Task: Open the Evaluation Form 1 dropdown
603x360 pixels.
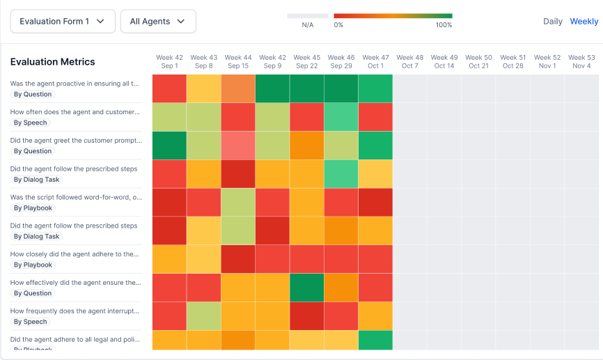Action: [x=63, y=22]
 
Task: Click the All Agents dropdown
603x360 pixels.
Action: [x=158, y=22]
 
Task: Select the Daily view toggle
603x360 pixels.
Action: [x=553, y=22]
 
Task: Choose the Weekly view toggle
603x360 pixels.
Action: [x=584, y=22]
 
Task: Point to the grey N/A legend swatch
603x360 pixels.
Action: [x=308, y=15]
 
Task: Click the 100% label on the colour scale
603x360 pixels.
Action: [x=444, y=25]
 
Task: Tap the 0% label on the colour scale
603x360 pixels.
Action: [x=338, y=25]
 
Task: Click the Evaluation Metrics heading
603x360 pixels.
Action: [x=53, y=62]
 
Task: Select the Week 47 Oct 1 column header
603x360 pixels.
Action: [x=375, y=61]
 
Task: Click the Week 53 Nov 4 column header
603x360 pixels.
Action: [x=581, y=61]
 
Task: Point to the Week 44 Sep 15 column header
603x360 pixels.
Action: [x=238, y=61]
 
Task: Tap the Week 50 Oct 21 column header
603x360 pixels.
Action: [x=478, y=61]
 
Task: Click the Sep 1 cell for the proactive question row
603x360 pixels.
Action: [x=169, y=88]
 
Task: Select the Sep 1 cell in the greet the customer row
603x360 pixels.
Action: [x=169, y=146]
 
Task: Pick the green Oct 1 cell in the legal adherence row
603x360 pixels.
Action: [x=375, y=341]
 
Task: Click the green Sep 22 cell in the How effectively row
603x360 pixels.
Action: [x=307, y=288]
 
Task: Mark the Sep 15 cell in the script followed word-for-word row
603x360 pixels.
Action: [x=238, y=203]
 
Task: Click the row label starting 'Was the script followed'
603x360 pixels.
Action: [x=76, y=197]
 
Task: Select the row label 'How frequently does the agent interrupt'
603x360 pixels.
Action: [x=75, y=311]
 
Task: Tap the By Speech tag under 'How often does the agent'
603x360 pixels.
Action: [x=31, y=123]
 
